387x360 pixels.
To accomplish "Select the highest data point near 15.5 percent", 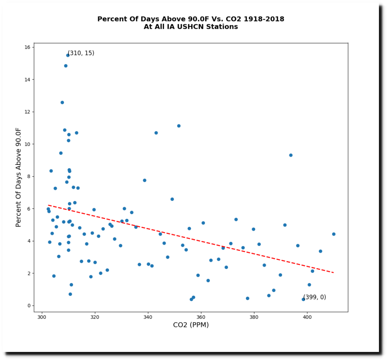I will (68, 55).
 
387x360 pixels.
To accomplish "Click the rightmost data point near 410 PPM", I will (334, 234).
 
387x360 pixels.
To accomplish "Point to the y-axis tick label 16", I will (27, 47).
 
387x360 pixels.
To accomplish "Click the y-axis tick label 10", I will (27, 144).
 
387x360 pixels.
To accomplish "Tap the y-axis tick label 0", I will (29, 306).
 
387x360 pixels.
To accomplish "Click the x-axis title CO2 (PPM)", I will (191, 325).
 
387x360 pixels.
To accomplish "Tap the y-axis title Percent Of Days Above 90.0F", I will (19, 177).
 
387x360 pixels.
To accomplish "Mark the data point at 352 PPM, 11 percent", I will (179, 126).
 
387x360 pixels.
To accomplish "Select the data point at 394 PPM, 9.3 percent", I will (291, 155).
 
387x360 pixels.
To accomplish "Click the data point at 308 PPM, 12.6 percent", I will (62, 102).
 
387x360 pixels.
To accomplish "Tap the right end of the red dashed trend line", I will (333, 273).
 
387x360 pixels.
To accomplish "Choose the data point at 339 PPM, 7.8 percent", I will (144, 180).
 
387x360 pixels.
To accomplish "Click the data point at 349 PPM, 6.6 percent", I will (172, 199).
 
